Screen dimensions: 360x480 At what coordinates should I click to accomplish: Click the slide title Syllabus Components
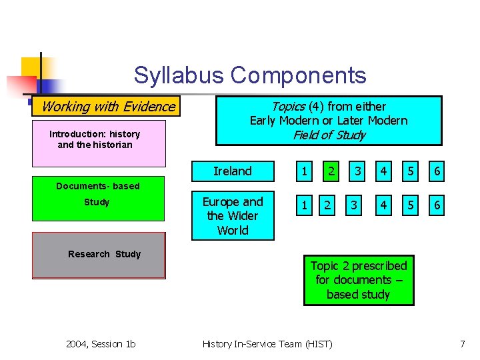pyautogui.click(x=249, y=75)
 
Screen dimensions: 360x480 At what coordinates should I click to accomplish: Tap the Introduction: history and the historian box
pyautogui.click(x=99, y=143)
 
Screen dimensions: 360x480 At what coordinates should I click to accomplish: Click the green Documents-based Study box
pyautogui.click(x=99, y=203)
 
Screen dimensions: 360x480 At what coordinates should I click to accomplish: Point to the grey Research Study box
pyautogui.click(x=99, y=255)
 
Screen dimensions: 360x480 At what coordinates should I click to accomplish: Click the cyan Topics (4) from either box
pyautogui.click(x=329, y=121)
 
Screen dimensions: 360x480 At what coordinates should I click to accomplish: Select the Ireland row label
pyautogui.click(x=233, y=171)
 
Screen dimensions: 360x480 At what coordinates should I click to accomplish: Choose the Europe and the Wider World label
pyautogui.click(x=233, y=216)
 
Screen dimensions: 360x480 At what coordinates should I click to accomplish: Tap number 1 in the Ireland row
pyautogui.click(x=304, y=171)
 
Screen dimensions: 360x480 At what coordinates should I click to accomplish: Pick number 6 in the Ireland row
pyautogui.click(x=437, y=171)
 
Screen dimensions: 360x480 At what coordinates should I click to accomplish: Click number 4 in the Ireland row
pyautogui.click(x=383, y=171)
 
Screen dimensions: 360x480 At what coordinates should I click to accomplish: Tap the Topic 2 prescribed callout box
pyautogui.click(x=359, y=280)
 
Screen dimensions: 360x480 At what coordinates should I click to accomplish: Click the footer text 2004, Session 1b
pyautogui.click(x=101, y=344)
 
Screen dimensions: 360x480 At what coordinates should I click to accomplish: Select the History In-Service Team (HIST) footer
pyautogui.click(x=267, y=344)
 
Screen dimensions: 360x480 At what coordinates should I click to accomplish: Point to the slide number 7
pyautogui.click(x=462, y=344)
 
